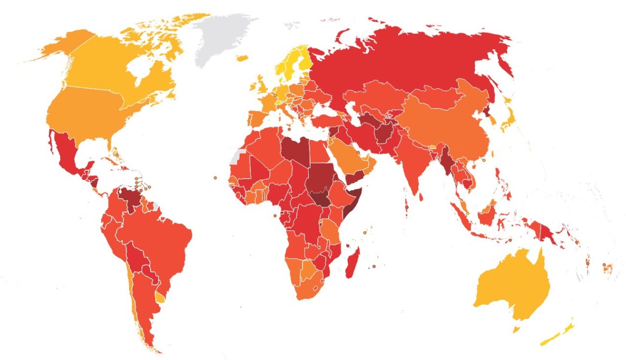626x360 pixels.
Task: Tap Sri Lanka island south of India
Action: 421,197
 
